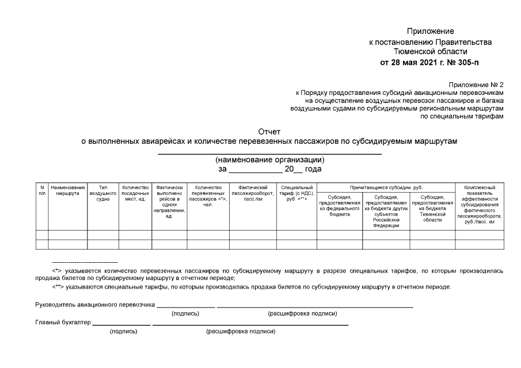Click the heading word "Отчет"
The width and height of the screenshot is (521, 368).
269,132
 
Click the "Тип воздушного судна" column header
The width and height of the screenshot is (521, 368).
103,194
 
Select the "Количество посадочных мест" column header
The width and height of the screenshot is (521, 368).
135,194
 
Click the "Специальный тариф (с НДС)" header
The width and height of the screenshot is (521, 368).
296,194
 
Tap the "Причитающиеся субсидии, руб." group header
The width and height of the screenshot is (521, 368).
386,188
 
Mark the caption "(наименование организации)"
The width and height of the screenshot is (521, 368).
269,160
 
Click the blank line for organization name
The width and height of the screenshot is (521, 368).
269,153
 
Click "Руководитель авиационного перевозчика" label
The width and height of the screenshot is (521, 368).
95,305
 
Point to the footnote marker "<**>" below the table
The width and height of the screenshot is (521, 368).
58,286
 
